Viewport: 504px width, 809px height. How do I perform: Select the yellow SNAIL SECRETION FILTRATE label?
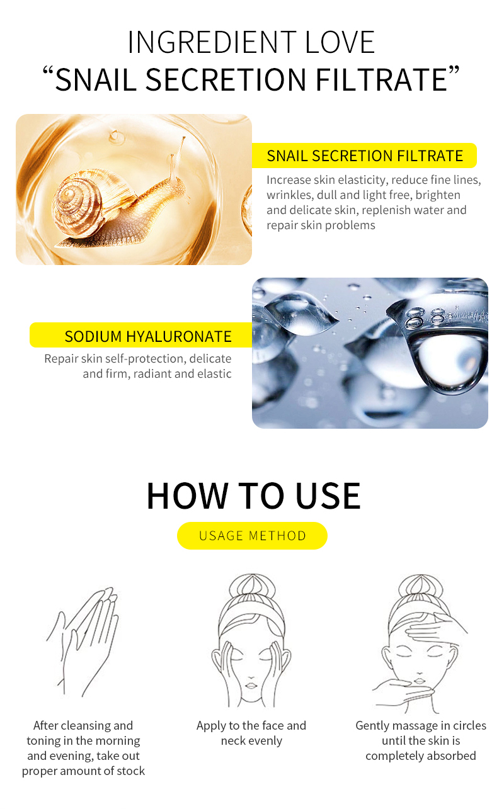[364, 156]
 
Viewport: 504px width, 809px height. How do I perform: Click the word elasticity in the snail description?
[358, 180]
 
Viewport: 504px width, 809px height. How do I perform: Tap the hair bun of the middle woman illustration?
[251, 589]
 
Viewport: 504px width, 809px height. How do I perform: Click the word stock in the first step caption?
[129, 771]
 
